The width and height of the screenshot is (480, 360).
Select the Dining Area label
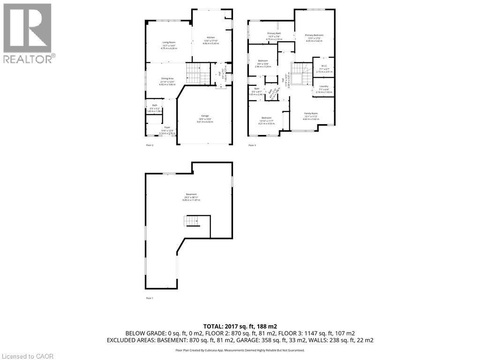point(167,78)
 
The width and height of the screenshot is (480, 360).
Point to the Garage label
point(204,116)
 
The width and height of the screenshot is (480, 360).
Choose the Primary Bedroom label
point(314,35)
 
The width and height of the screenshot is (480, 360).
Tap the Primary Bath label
point(274,33)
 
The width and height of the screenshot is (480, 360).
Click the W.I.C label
point(324,66)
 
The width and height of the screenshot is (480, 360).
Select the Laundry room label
point(324,86)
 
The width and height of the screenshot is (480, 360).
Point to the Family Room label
point(311,113)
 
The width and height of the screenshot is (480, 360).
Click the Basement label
point(191,194)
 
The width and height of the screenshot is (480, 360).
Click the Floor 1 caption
point(150,298)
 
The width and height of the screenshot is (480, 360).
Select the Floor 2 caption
point(150,145)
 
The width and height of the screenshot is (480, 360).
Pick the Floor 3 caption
point(252,145)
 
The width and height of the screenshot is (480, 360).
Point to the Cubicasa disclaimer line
point(240,350)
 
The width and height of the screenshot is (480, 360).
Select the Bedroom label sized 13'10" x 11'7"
point(266,118)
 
